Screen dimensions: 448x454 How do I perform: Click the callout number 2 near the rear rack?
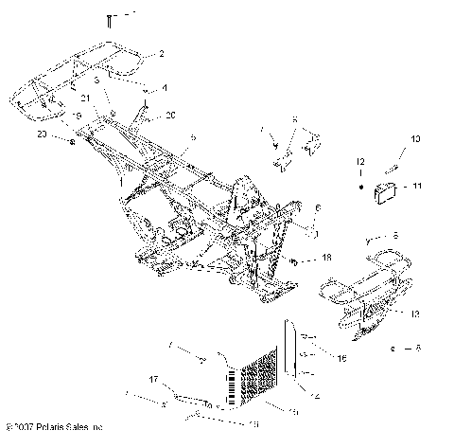tap(162, 56)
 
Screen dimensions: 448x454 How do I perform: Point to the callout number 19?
tap(78, 115)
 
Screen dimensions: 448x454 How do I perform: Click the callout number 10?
tap(413, 139)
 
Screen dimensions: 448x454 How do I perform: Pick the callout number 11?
tap(419, 188)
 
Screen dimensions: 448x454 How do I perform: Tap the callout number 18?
tap(327, 257)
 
